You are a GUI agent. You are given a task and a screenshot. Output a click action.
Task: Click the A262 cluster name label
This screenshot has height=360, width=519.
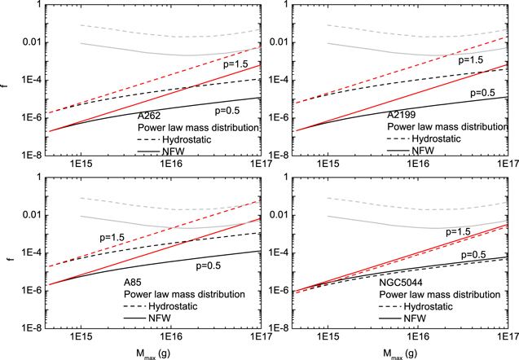click(x=149, y=116)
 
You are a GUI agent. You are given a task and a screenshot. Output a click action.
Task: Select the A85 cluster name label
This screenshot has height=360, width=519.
click(x=132, y=283)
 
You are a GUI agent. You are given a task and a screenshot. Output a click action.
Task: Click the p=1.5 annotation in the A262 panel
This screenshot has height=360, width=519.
click(x=235, y=64)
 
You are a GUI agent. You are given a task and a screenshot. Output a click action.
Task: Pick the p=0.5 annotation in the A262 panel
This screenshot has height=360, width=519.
click(x=227, y=111)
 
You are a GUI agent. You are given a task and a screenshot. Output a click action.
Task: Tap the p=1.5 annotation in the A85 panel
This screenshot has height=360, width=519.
click(x=112, y=237)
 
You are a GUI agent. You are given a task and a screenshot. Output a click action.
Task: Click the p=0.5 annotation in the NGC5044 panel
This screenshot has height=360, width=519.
click(x=473, y=255)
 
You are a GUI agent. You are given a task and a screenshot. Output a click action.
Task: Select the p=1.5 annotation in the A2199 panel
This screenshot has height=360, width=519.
click(x=470, y=60)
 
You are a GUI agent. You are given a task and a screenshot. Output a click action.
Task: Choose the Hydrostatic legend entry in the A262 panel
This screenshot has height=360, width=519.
click(x=187, y=139)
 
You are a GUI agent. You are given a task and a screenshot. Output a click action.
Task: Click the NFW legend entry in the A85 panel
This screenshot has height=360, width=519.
click(x=160, y=318)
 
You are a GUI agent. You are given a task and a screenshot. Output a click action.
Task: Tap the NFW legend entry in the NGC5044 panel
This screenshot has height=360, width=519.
click(x=415, y=318)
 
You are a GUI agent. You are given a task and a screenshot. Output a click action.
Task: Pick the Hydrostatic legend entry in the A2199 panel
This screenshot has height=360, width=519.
click(x=436, y=138)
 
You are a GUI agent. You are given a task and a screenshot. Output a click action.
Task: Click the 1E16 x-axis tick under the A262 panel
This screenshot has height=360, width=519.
click(x=171, y=163)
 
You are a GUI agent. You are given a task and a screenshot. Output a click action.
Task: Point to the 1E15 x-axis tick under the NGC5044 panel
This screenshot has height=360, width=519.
click(x=328, y=336)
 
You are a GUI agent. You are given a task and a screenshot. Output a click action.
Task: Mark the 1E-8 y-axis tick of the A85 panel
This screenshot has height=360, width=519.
click(x=32, y=328)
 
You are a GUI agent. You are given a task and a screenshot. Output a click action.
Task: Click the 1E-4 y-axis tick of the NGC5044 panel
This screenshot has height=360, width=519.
click(x=279, y=253)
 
